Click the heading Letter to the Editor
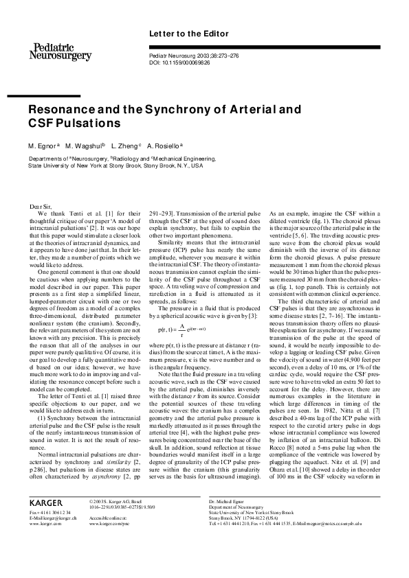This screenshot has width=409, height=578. pyautogui.click(x=184, y=34)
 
